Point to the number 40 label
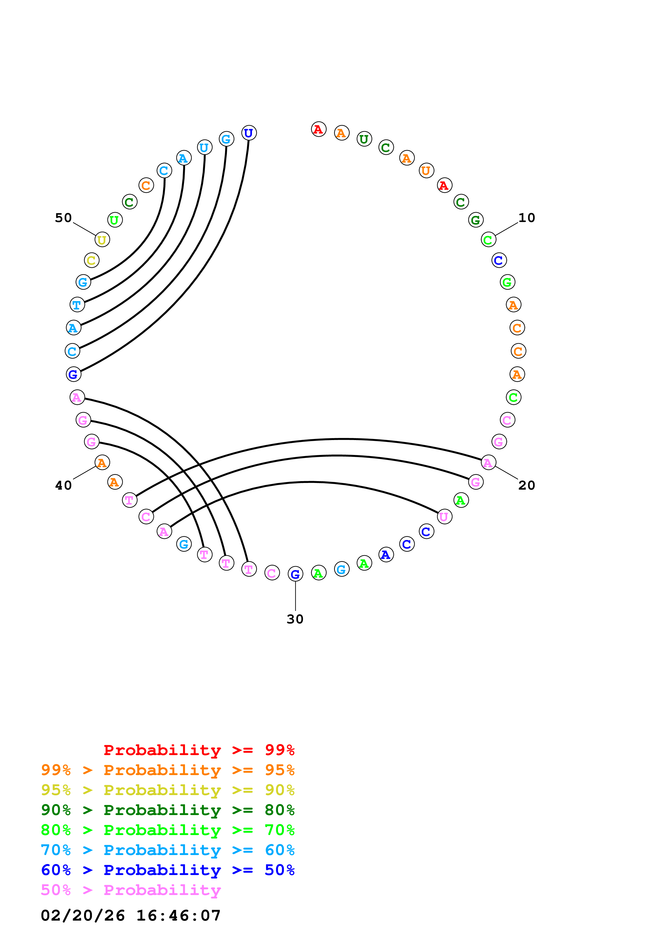pyautogui.click(x=63, y=485)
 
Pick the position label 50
pyautogui.click(x=63, y=218)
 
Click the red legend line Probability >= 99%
pyautogui.click(x=199, y=750)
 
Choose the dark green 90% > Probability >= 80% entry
pyautogui.click(x=167, y=810)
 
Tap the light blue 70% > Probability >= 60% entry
pyautogui.click(x=167, y=850)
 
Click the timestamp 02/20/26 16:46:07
pyautogui.click(x=130, y=916)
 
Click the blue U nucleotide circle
pyautogui.click(x=249, y=133)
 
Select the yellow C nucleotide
pyautogui.click(x=92, y=260)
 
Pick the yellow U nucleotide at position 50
pyautogui.click(x=102, y=240)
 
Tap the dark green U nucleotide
pyautogui.click(x=364, y=139)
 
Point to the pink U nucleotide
pyautogui.click(x=444, y=517)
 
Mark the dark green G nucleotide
pyautogui.click(x=476, y=220)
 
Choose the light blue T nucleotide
pyautogui.click(x=77, y=305)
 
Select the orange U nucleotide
pyautogui.click(x=426, y=171)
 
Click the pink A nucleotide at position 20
pyautogui.click(x=488, y=463)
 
